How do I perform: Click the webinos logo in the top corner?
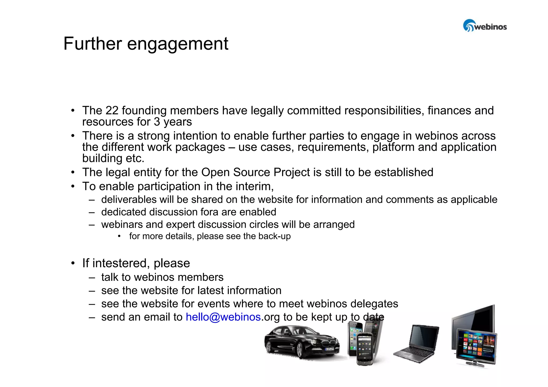coord(485,26)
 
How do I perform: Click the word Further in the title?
coord(93,44)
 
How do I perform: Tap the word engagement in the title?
coord(178,44)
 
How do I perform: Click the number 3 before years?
coord(157,122)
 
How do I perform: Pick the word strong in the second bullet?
coord(154,136)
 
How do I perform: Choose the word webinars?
coord(122,225)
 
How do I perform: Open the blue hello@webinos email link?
coord(223,317)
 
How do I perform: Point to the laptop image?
coord(416,343)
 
